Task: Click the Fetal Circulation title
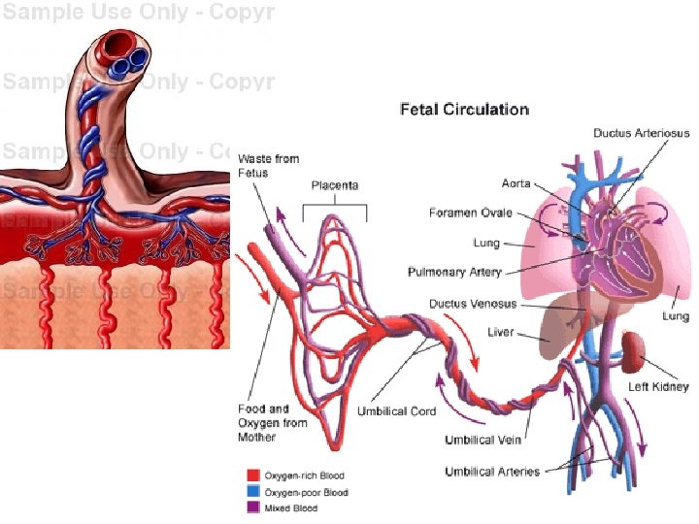(x=464, y=110)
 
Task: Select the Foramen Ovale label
(x=470, y=213)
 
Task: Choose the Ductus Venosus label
(x=473, y=304)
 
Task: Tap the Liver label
(x=501, y=332)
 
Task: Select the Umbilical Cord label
(x=396, y=411)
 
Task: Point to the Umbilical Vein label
(x=483, y=440)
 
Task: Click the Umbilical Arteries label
(x=493, y=472)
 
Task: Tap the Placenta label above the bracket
(x=335, y=185)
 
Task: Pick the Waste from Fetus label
(x=268, y=165)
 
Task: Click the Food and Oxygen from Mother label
(x=272, y=423)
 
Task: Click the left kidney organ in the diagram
(x=636, y=349)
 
